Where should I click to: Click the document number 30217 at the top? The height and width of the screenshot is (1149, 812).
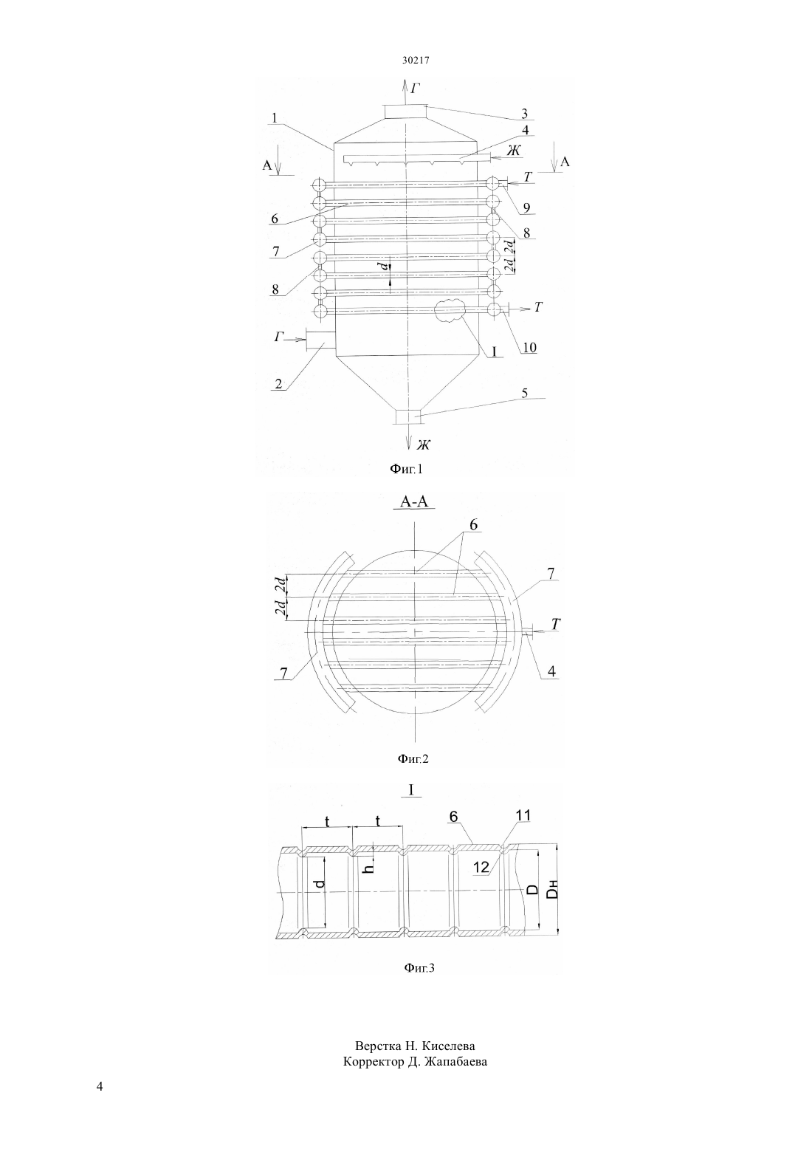click(415, 60)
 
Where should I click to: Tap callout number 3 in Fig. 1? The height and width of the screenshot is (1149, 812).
click(524, 113)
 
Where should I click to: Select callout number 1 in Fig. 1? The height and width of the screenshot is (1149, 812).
click(275, 117)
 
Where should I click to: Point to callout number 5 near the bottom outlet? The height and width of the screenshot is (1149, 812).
click(524, 394)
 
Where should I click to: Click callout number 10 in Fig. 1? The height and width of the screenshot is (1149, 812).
click(529, 347)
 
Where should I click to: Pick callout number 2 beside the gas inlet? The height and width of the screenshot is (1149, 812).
click(278, 384)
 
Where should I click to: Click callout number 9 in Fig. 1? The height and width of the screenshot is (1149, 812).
click(527, 208)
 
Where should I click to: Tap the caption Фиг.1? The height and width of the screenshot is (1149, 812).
click(406, 469)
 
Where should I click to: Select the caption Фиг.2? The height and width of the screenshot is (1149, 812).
click(413, 758)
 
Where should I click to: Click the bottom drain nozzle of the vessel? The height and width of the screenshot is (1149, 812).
click(408, 416)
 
